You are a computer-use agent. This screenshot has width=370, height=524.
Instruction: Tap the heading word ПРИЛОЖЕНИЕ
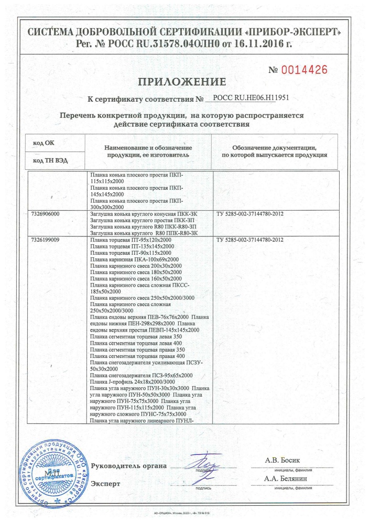coord(182,82)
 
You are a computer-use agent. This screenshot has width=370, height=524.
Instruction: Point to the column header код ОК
coord(43,142)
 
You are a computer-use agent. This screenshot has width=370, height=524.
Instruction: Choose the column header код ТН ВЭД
coord(50,160)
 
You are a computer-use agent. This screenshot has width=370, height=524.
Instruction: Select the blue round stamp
coord(52,473)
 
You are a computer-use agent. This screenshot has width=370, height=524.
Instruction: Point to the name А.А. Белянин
coord(286,479)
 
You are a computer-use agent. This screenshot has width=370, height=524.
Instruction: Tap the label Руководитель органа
coord(128,466)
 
